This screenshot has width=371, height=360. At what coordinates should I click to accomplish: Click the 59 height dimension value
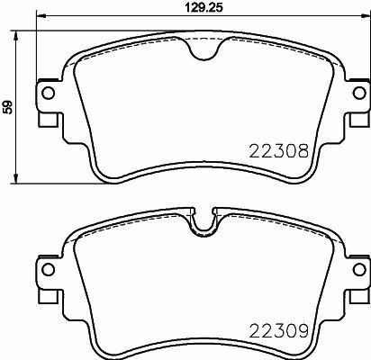[9, 107]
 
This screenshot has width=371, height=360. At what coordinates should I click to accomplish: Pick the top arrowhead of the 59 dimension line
[21, 37]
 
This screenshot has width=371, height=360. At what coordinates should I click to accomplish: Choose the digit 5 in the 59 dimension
[9, 111]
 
